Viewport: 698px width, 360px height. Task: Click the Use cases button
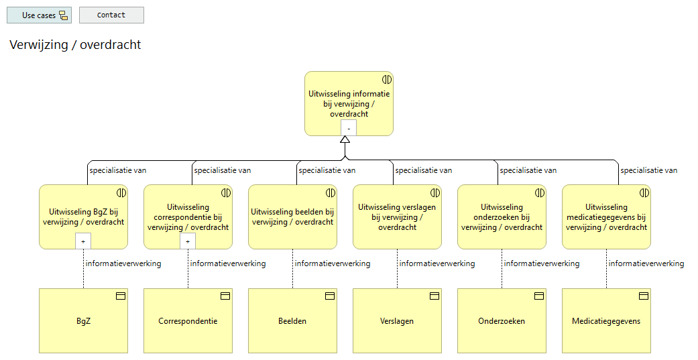[39, 15]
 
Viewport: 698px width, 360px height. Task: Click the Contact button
[111, 15]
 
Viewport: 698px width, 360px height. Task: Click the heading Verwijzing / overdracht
[75, 45]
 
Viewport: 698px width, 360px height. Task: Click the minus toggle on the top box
[349, 128]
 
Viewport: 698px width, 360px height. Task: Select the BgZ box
[83, 321]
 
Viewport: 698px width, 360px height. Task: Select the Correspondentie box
[188, 321]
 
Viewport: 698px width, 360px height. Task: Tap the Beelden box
[292, 321]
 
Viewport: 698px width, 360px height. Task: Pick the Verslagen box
[397, 321]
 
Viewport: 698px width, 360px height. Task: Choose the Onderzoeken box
[502, 321]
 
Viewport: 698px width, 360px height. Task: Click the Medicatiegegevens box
[606, 321]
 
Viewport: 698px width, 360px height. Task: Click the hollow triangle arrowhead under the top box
[345, 140]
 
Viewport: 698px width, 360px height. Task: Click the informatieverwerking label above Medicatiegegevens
[646, 263]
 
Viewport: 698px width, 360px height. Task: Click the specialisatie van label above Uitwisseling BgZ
[117, 170]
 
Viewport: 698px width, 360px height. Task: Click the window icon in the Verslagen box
[434, 296]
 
